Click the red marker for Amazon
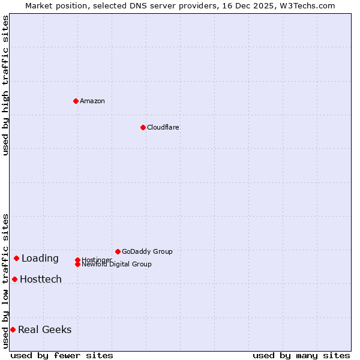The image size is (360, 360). [76, 101]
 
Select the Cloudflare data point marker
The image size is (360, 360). [143, 127]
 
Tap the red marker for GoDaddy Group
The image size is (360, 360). [118, 251]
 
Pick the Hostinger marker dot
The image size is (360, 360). [77, 260]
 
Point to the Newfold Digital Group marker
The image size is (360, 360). [77, 264]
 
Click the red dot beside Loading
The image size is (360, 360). [16, 258]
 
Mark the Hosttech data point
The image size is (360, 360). [14, 279]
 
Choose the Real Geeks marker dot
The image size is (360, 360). [13, 329]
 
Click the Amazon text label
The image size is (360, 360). [92, 101]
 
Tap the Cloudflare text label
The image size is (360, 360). [163, 127]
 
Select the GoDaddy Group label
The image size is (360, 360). [147, 251]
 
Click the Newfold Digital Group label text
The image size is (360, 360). [117, 265]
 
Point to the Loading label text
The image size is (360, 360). [40, 259]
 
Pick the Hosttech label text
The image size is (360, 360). [41, 280]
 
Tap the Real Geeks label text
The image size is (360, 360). [45, 330]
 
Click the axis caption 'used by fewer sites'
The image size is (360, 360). [62, 355]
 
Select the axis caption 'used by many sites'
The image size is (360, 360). [301, 355]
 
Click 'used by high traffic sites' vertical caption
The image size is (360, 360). [5, 85]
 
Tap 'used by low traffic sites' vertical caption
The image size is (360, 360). [5, 281]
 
